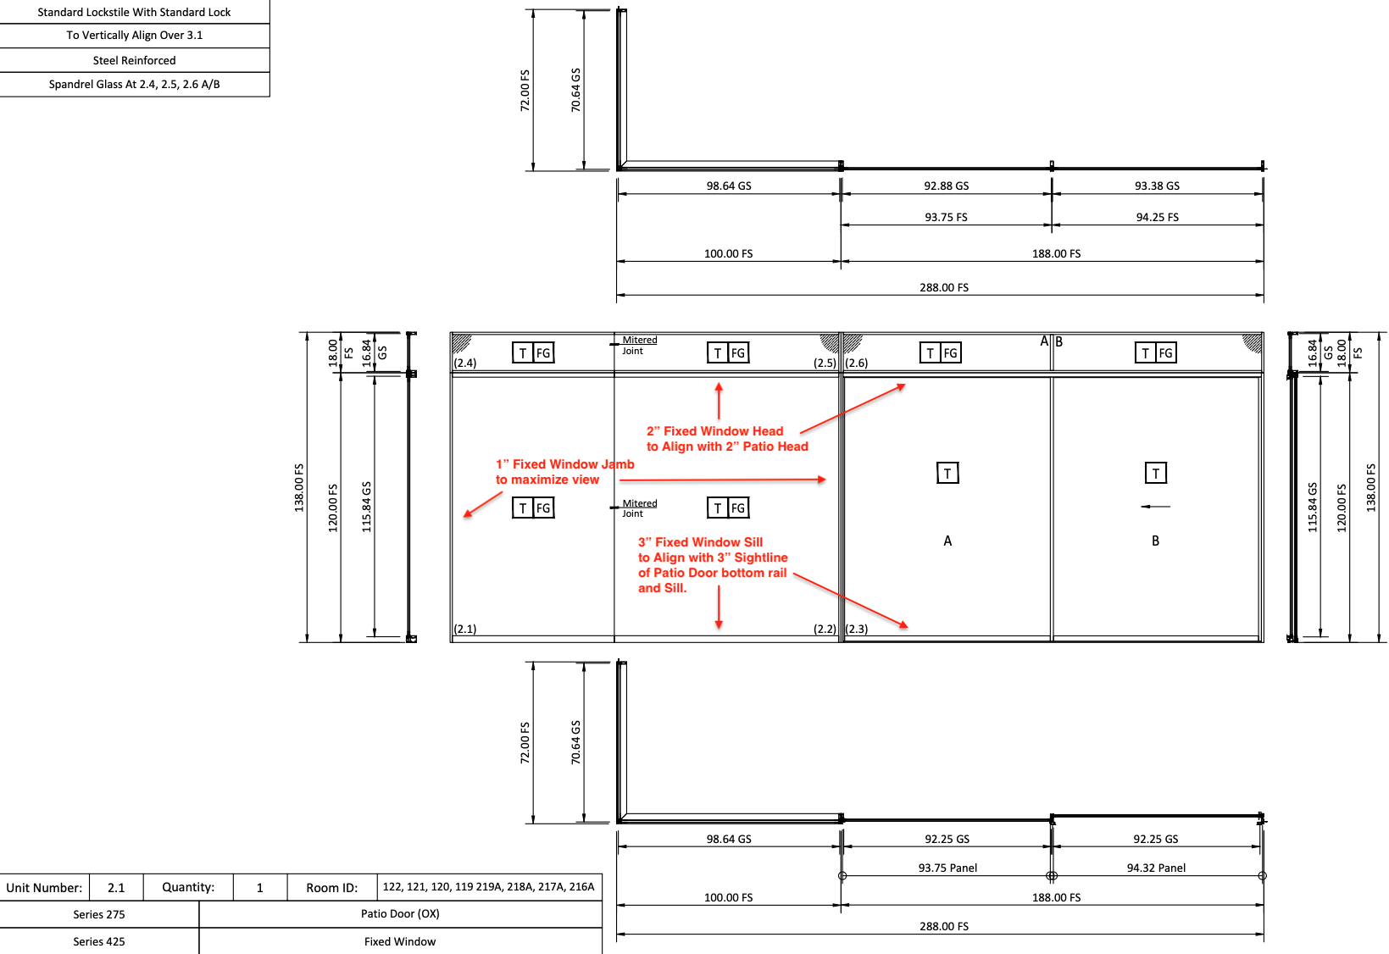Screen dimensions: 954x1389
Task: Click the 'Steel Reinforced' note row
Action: (x=134, y=60)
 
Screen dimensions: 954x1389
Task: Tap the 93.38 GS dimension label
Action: (x=1157, y=186)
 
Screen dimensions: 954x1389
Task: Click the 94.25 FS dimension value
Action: (x=1157, y=218)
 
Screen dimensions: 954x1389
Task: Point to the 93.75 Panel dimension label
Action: (x=947, y=868)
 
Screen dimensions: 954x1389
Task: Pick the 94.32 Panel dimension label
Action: (x=1156, y=868)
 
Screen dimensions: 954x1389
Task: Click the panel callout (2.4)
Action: (x=465, y=363)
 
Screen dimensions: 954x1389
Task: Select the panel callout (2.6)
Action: (x=857, y=363)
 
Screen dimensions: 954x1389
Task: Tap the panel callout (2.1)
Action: (x=465, y=629)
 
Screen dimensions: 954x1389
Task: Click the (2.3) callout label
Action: (x=857, y=629)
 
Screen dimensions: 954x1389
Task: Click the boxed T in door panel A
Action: (x=947, y=474)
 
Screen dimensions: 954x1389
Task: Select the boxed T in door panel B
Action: (x=1155, y=474)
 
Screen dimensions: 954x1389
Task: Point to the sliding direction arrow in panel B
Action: (x=1155, y=507)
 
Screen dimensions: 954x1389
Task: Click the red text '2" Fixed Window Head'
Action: (x=714, y=431)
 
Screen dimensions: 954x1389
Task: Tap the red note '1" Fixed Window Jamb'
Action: (x=564, y=464)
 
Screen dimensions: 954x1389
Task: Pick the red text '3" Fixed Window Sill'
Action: (x=700, y=542)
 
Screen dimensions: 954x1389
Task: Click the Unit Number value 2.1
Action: (x=116, y=888)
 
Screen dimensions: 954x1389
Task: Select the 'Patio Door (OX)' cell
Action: (x=400, y=914)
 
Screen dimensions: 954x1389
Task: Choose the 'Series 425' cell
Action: (x=98, y=941)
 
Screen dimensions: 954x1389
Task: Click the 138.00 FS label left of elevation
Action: (x=299, y=487)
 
